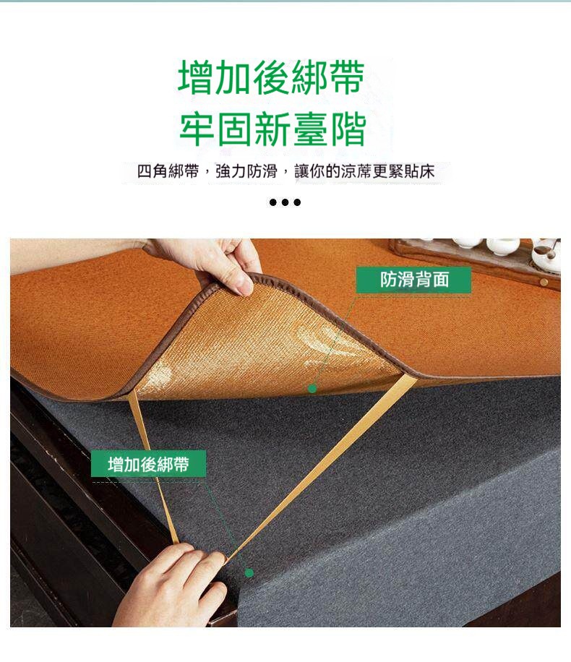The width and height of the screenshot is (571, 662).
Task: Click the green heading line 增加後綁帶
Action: tap(271, 77)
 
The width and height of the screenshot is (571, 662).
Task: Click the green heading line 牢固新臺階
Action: tap(272, 129)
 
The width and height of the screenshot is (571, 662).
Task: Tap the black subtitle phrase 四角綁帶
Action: tap(168, 171)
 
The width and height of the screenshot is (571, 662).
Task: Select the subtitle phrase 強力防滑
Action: tap(246, 171)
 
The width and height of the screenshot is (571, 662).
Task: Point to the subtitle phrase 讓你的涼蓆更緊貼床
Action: tap(364, 171)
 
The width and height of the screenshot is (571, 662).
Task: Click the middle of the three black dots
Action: tap(285, 202)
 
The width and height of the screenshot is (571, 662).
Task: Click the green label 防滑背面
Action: tap(413, 280)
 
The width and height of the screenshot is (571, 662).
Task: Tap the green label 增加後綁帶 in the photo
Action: tap(148, 464)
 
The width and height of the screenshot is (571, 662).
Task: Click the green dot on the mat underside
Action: tap(312, 388)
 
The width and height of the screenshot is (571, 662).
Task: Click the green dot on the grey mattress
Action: tap(249, 573)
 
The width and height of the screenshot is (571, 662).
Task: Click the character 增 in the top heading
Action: tap(196, 77)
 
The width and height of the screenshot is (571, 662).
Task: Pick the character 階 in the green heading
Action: tap(348, 129)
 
